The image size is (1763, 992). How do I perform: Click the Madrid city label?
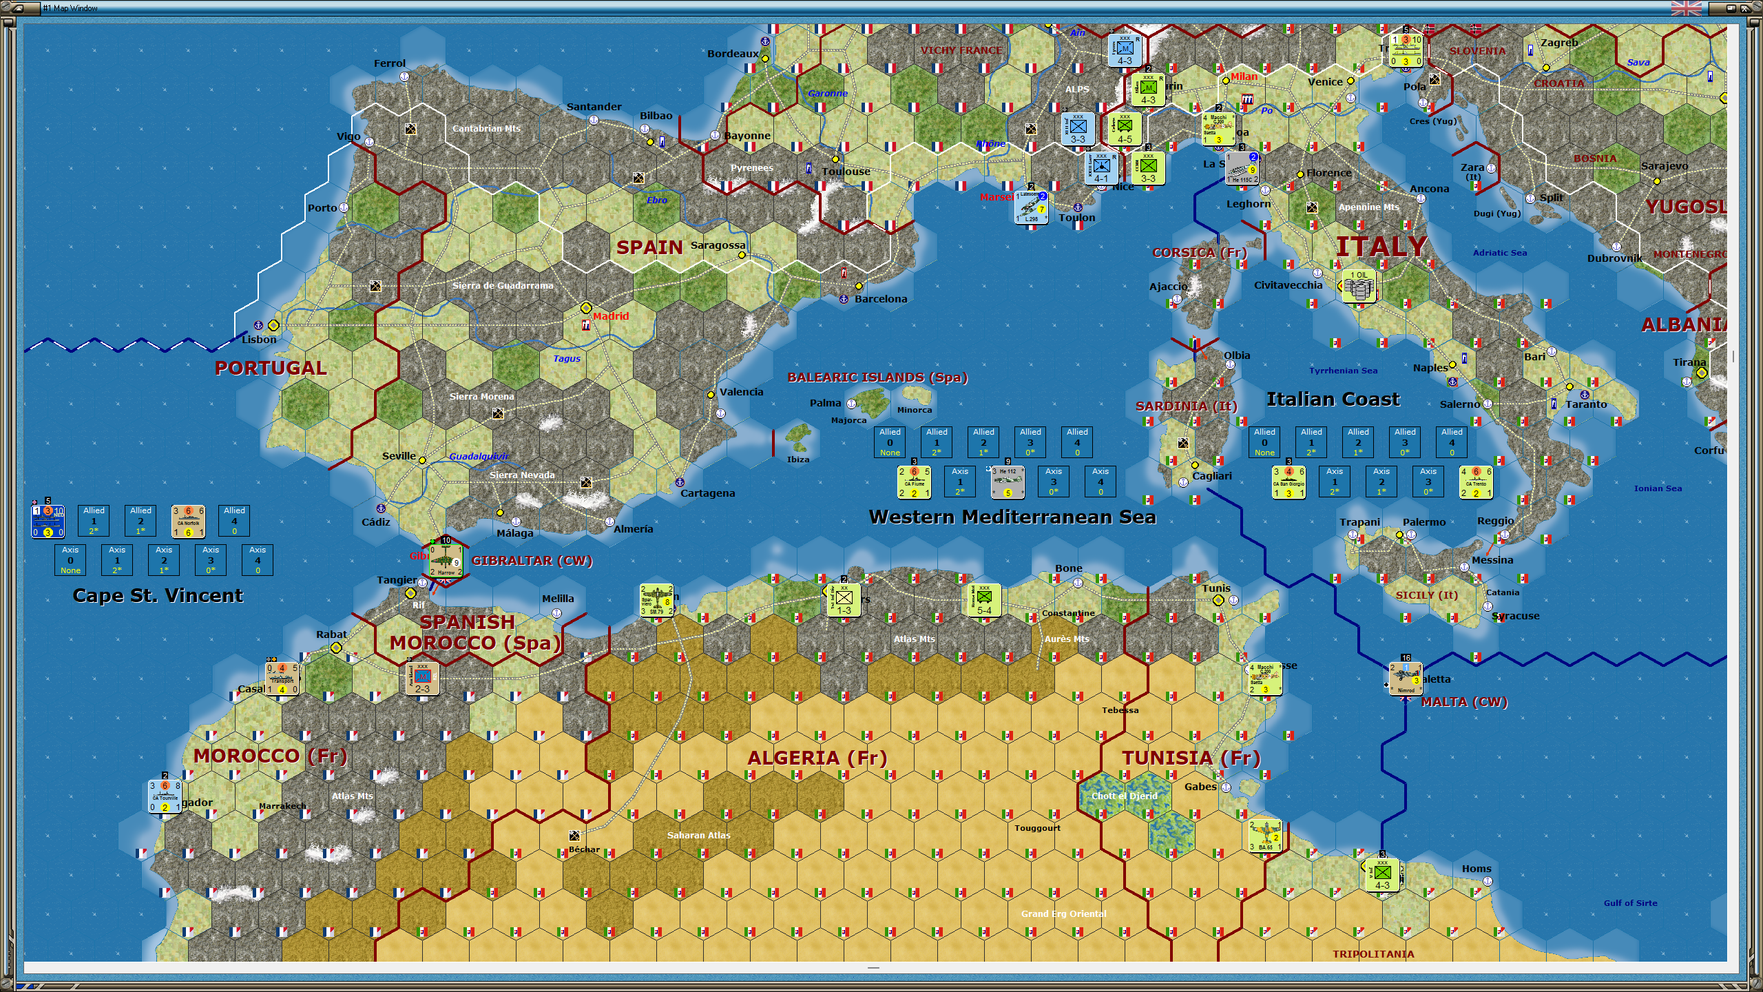611,316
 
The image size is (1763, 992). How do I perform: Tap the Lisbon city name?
259,340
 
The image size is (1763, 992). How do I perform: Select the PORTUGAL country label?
271,368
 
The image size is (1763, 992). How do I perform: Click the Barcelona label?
881,299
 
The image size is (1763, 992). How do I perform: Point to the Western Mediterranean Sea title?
1012,517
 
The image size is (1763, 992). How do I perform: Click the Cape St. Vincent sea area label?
158,596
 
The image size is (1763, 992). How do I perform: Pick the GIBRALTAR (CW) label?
532,561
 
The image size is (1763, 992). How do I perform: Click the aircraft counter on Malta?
1406,679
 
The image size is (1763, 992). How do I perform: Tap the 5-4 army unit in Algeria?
984,601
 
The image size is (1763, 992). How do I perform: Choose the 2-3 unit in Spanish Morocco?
422,679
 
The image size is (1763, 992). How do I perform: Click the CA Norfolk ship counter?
188,521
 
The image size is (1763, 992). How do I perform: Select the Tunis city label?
1216,588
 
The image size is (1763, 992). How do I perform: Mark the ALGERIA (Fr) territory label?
817,758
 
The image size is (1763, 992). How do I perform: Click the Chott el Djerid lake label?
1124,796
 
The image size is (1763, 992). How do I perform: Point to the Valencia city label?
741,392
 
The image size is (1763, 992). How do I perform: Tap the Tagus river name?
567,358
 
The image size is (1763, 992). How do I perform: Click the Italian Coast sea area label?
1333,400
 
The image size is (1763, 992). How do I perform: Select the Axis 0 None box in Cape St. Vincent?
70,560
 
